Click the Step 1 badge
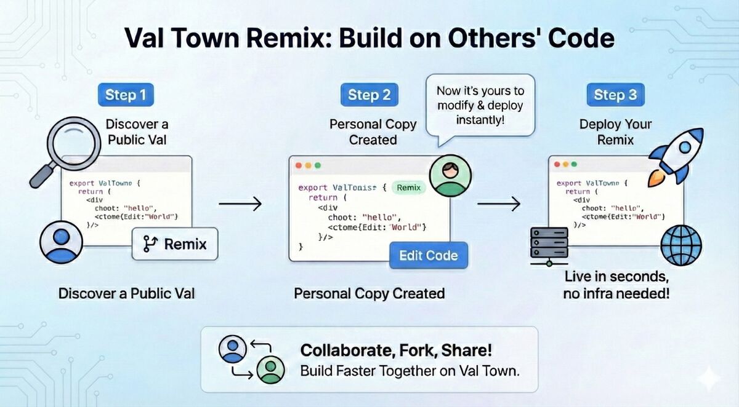pyautogui.click(x=126, y=95)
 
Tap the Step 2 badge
pyautogui.click(x=369, y=95)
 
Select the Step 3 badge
pyautogui.click(x=615, y=95)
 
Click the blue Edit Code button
pyautogui.click(x=429, y=256)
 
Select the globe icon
pyautogui.click(x=680, y=245)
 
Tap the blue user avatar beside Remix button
pyautogui.click(x=61, y=242)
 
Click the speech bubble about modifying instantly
pyautogui.click(x=480, y=105)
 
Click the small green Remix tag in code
pyautogui.click(x=409, y=188)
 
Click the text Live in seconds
pyautogui.click(x=616, y=275)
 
